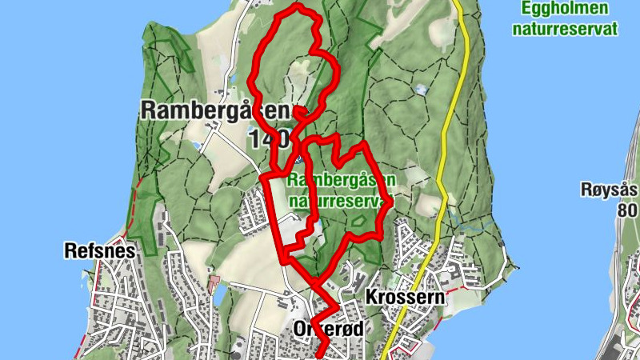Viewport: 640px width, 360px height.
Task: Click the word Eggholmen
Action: [564, 9]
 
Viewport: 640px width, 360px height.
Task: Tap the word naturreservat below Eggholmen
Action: [564, 29]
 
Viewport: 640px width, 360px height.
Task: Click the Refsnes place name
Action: [99, 251]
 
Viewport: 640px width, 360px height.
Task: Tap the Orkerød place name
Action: [329, 328]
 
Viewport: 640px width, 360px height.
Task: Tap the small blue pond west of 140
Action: [196, 146]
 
